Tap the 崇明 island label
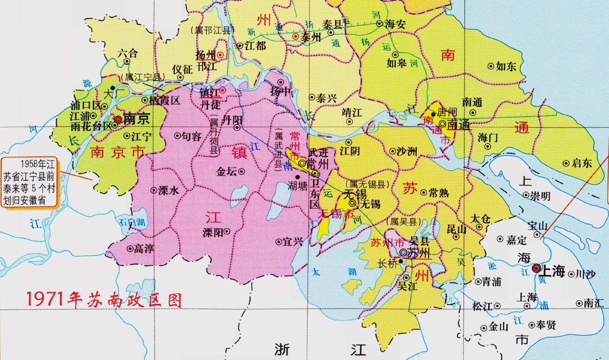(540, 196)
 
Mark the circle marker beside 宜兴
(279, 242)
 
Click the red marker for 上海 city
(536, 268)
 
